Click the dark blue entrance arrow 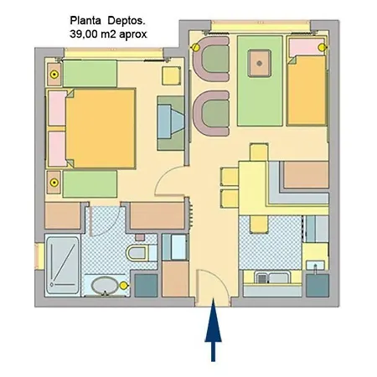point(213,329)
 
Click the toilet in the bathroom point(142,253)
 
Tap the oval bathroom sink point(105,286)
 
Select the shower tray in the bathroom point(63,265)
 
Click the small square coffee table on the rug point(260,64)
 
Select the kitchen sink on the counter point(272,278)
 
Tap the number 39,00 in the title point(84,34)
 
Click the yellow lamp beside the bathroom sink point(123,286)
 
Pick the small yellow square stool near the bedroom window point(171,75)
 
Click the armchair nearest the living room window point(212,59)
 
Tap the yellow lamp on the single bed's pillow point(322,48)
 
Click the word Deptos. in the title point(127,21)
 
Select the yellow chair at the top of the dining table point(259,152)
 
